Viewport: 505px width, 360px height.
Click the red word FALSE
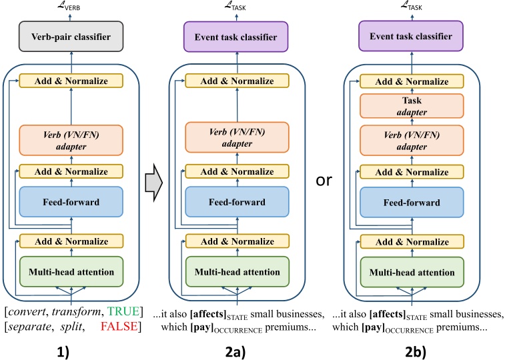coord(121,326)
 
